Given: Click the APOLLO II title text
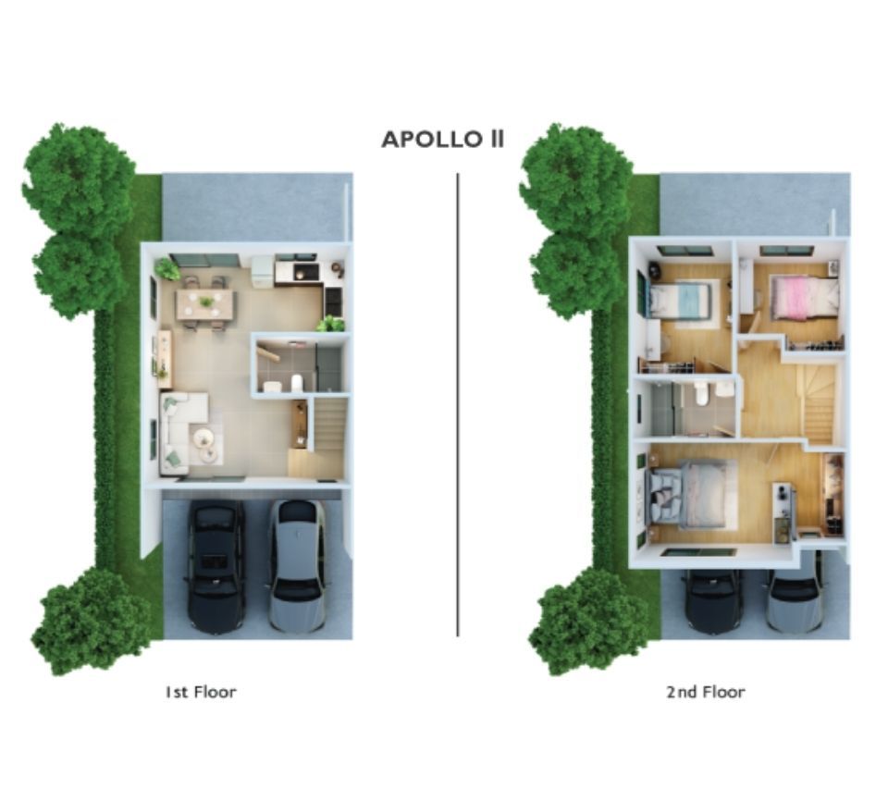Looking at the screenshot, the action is coord(443,139).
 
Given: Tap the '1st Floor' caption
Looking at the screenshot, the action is coord(201,692).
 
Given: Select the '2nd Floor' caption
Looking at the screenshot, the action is coord(705,692).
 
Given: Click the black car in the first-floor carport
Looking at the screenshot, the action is coord(216,566).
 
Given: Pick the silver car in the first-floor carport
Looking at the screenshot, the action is coord(297,566).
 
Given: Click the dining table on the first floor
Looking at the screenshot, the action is coord(204,303).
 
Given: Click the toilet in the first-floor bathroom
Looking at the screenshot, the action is coord(297,382).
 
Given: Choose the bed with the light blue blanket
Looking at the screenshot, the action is coord(678,301).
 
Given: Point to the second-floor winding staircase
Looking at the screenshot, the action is coord(816,402).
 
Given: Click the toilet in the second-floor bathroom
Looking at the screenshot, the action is coord(701,393).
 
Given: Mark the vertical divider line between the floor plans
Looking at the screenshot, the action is coord(458,405).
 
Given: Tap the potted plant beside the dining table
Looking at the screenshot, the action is coord(167,268).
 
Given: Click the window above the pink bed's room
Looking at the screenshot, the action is coord(786,251).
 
